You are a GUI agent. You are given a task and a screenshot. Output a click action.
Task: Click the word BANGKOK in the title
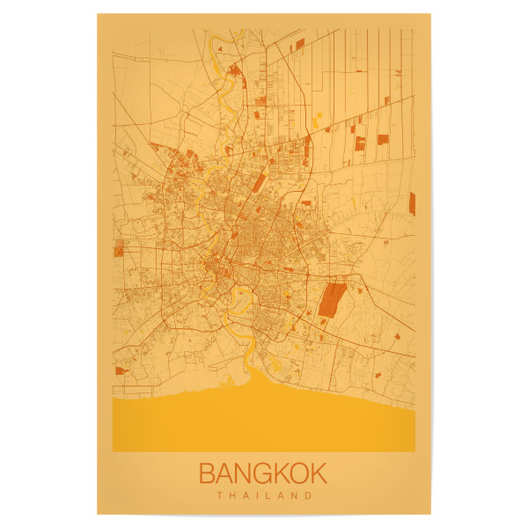(263, 473)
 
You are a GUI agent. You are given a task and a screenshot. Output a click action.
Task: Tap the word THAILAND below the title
(264, 495)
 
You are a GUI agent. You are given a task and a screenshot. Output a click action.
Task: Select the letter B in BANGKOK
(209, 473)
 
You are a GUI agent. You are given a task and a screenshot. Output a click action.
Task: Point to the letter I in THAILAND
(258, 495)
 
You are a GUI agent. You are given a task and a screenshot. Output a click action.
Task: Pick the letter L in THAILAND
(269, 495)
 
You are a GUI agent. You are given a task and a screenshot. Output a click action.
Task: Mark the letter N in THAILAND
(295, 495)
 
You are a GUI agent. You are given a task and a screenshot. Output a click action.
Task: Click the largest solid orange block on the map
(332, 299)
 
